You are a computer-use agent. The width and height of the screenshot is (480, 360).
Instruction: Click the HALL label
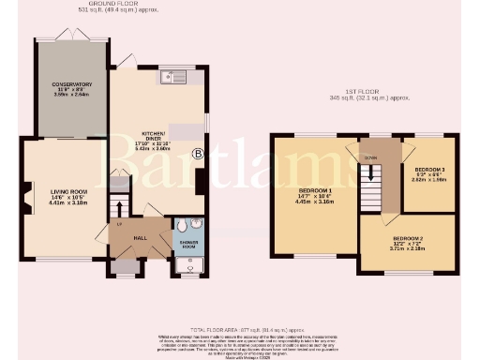pyautogui.click(x=140, y=238)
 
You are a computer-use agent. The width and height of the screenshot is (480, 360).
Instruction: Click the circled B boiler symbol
pyautogui.click(x=197, y=153)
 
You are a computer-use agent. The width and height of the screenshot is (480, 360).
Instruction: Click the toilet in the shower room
pyautogui.click(x=193, y=226)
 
